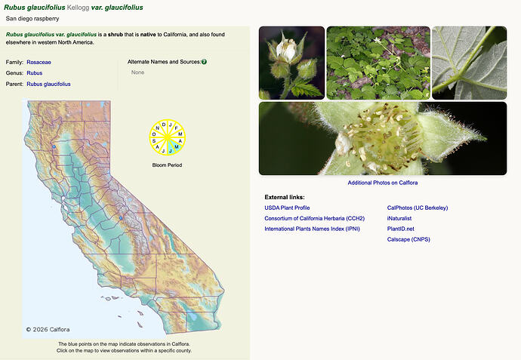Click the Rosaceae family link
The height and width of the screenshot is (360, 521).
39,62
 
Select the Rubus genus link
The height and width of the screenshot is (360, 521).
35,73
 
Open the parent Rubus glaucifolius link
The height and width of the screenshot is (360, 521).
48,84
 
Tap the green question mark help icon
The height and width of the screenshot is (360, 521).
204,62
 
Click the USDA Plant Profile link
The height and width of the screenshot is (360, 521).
287,208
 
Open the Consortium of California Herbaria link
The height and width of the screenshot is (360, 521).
314,219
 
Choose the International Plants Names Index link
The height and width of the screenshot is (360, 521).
312,229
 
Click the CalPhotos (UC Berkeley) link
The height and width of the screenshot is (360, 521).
418,208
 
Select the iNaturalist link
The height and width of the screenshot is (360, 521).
399,219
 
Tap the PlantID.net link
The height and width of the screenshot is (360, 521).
400,229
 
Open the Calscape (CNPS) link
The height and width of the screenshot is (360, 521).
408,239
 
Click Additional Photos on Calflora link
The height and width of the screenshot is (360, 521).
382,183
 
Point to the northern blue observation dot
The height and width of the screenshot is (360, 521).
54,146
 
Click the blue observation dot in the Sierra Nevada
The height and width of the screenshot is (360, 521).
121,218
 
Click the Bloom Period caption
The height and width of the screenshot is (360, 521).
167,165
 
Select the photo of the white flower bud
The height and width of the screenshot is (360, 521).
291,63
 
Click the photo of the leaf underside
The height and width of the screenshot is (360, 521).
469,63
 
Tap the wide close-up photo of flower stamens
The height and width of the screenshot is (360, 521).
383,138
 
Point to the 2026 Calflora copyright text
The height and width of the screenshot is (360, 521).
48,330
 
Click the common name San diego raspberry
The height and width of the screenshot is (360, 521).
32,19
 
